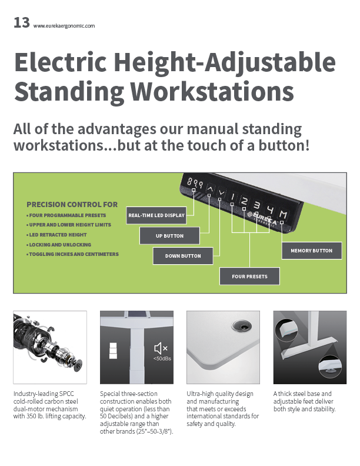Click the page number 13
pyautogui.click(x=22, y=23)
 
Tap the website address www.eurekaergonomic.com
pyautogui.click(x=64, y=26)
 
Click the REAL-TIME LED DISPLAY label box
pyautogui.click(x=156, y=215)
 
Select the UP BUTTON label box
pyautogui.click(x=169, y=236)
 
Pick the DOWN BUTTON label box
pyautogui.click(x=183, y=256)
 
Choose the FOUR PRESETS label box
pyautogui.click(x=249, y=277)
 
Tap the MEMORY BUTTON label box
pyautogui.click(x=312, y=251)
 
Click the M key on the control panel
pyautogui.click(x=284, y=214)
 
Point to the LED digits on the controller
pyautogui.click(x=195, y=183)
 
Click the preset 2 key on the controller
pyautogui.click(x=244, y=201)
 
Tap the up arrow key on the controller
pyautogui.click(x=211, y=189)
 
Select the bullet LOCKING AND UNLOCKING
pyautogui.click(x=59, y=245)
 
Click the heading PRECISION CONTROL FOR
pyautogui.click(x=72, y=205)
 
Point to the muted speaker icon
pyautogui.click(x=161, y=348)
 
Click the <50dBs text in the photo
pyautogui.click(x=162, y=359)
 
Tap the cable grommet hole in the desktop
pyautogui.click(x=241, y=326)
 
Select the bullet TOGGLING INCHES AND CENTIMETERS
pyautogui.click(x=72, y=254)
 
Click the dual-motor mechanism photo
pyautogui.click(x=50, y=347)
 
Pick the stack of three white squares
pyautogui.click(x=113, y=351)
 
